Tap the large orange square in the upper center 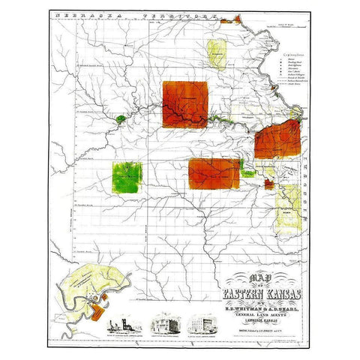point(185,104)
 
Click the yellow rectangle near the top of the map point(217,55)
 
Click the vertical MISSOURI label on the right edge point(307,176)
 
